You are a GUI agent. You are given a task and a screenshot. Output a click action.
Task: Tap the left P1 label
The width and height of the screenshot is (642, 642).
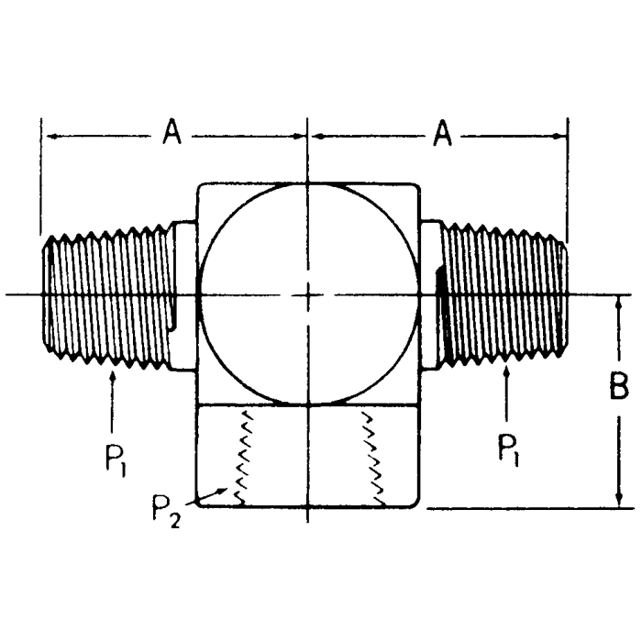[x=112, y=456]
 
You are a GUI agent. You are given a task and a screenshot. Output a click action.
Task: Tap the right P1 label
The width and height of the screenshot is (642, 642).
[x=507, y=449]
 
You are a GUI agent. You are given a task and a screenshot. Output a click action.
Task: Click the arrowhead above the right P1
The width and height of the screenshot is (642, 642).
[x=506, y=371]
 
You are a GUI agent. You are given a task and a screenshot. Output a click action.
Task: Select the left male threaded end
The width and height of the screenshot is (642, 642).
[x=105, y=295]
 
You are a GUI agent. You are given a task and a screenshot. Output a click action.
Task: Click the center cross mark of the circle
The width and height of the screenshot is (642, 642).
[x=308, y=294]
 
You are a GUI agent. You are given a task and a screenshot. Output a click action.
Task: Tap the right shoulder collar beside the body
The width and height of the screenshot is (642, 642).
[x=431, y=294]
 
